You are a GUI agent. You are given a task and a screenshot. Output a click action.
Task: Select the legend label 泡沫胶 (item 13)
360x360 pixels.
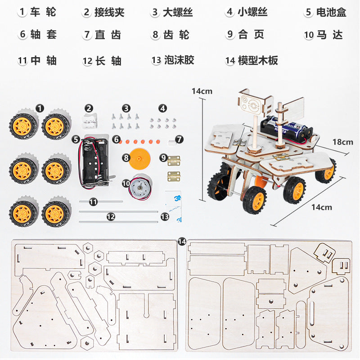pyautogui.click(x=179, y=60)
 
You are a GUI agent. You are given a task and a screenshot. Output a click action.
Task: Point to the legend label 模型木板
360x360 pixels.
pyautogui.click(x=258, y=60)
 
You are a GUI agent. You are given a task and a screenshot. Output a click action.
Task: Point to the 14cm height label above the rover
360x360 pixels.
pyautogui.click(x=202, y=91)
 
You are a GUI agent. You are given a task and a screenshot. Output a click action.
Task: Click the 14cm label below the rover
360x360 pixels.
pyautogui.click(x=322, y=207)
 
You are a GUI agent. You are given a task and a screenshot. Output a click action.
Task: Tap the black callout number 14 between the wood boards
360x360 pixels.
pyautogui.click(x=182, y=242)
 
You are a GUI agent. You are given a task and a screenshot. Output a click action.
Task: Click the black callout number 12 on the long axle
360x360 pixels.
pyautogui.click(x=111, y=216)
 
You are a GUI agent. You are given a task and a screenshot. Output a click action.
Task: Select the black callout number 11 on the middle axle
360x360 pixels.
pyautogui.click(x=93, y=202)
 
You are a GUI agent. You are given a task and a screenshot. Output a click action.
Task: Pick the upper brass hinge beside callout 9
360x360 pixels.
pyautogui.click(x=173, y=159)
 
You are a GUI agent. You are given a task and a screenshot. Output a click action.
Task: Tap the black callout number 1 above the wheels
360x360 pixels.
pyautogui.click(x=40, y=108)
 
